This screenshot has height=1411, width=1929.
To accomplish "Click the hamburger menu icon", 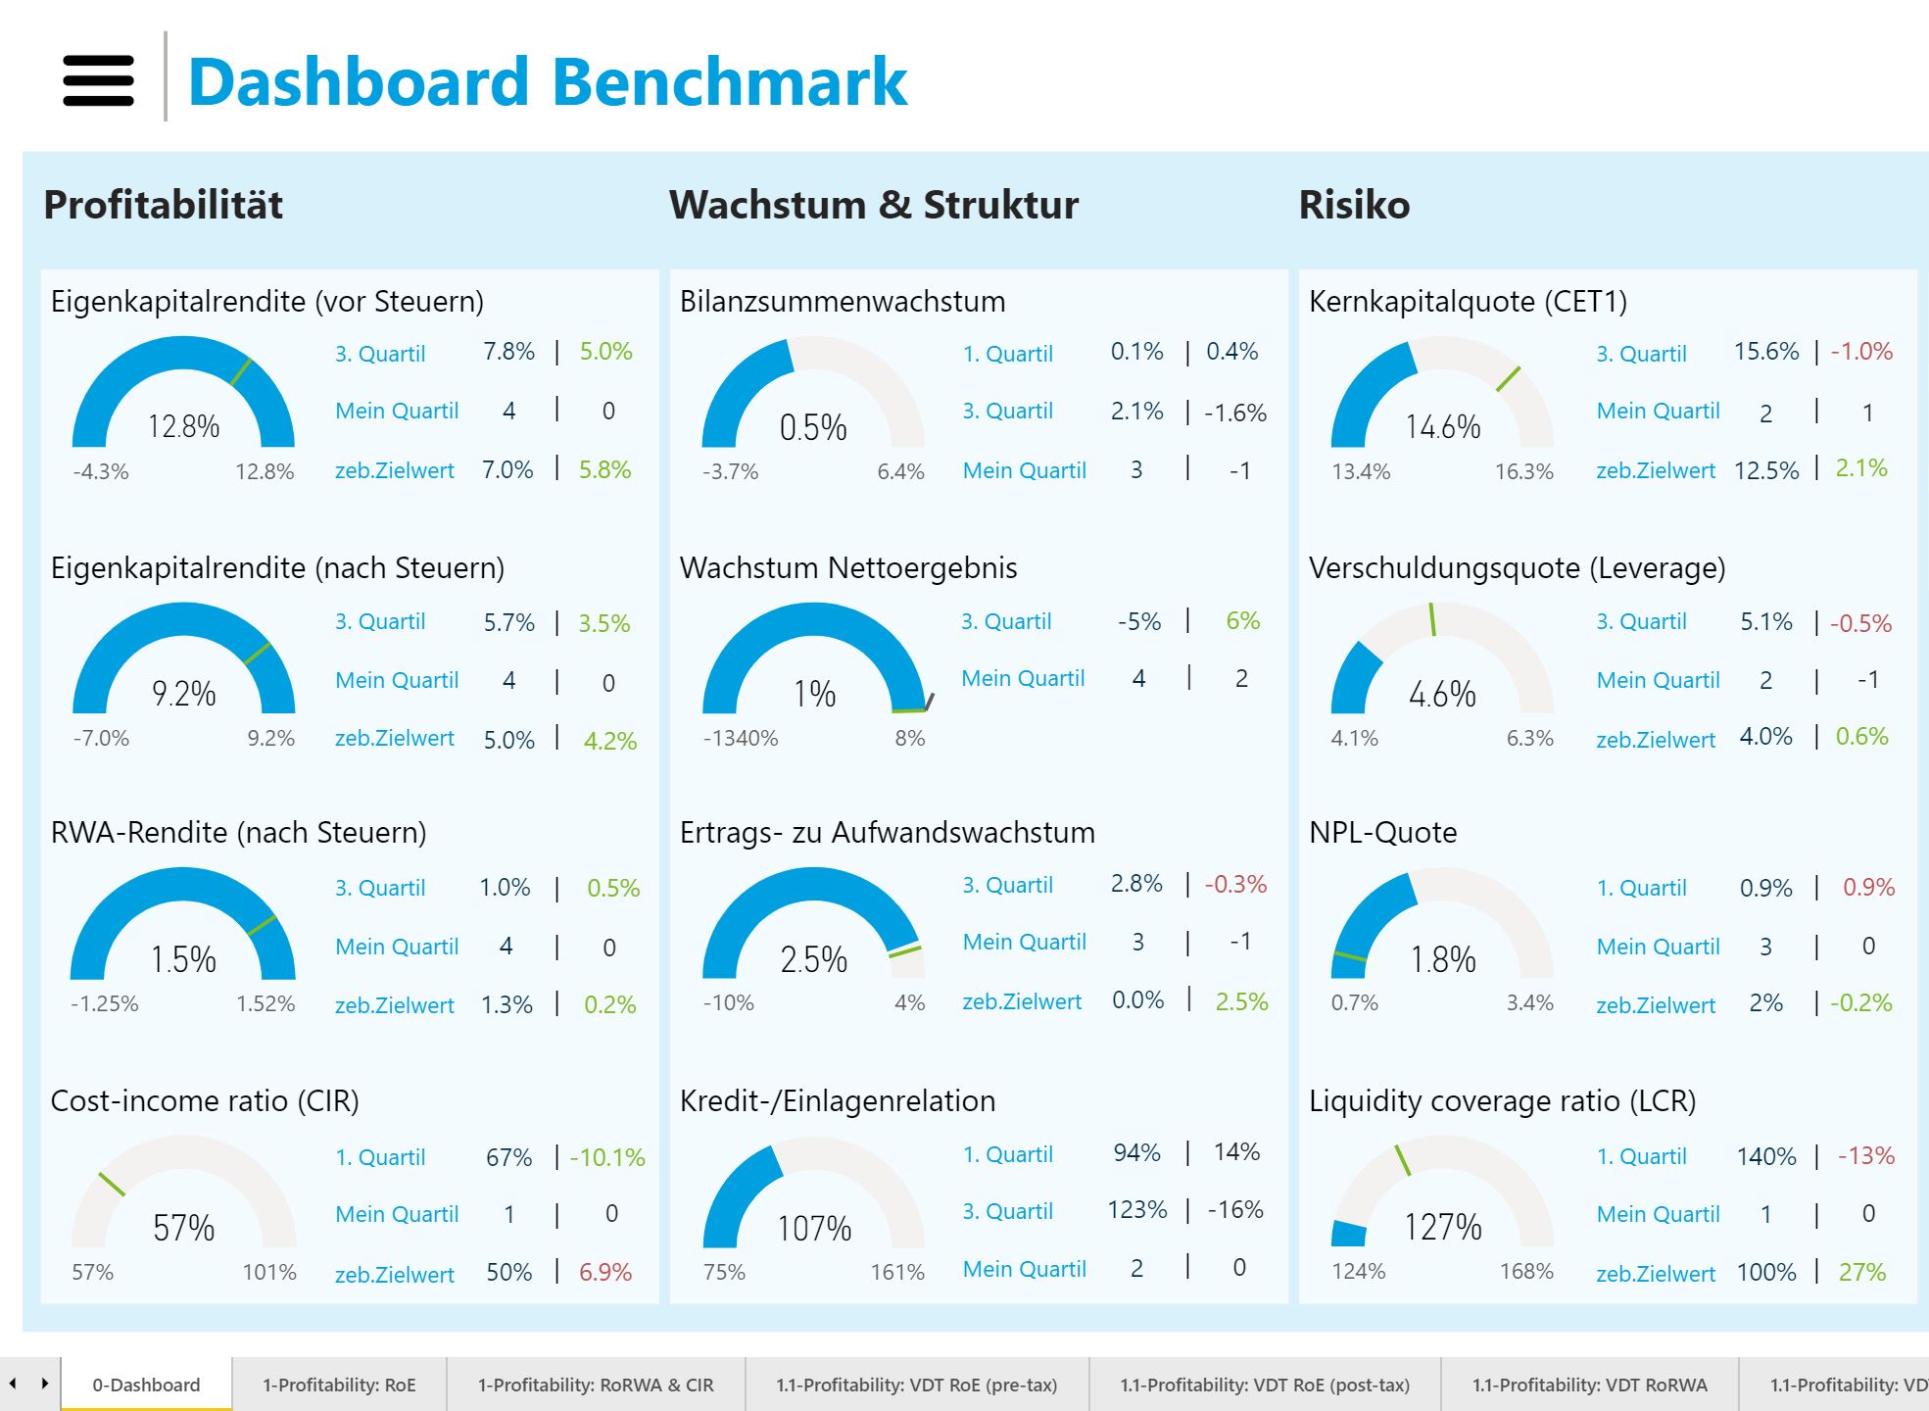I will pyautogui.click(x=98, y=80).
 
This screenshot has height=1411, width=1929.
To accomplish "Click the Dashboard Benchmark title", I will pyautogui.click(x=547, y=81).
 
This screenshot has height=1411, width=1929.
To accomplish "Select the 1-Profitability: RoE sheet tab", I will pyautogui.click(x=339, y=1385).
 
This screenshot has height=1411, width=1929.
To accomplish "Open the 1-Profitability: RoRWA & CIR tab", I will pyautogui.click(x=596, y=1385).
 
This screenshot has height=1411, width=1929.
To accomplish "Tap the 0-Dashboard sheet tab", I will pyautogui.click(x=146, y=1385).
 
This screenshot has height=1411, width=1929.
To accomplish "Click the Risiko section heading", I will pyautogui.click(x=1354, y=205).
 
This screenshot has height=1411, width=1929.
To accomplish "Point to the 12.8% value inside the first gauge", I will pyautogui.click(x=183, y=426).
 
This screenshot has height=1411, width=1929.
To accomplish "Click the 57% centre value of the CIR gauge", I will pyautogui.click(x=183, y=1227).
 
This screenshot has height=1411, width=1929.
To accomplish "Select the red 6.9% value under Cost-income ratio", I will pyautogui.click(x=604, y=1272).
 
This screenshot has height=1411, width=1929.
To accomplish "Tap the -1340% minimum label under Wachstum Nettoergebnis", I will pyautogui.click(x=740, y=738).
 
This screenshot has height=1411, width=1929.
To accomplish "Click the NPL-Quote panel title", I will pyautogui.click(x=1382, y=832).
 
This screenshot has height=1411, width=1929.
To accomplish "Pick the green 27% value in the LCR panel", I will pyautogui.click(x=1861, y=1272).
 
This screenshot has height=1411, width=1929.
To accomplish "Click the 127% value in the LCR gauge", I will pyautogui.click(x=1442, y=1226).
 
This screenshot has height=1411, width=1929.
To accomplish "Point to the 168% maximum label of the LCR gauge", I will pyautogui.click(x=1525, y=1271).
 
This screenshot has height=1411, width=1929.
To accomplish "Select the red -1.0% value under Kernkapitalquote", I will pyautogui.click(x=1861, y=351).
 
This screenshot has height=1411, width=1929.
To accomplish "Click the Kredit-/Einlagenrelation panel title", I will pyautogui.click(x=837, y=1100).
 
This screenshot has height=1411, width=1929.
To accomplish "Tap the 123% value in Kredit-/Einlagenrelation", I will pyautogui.click(x=1136, y=1210).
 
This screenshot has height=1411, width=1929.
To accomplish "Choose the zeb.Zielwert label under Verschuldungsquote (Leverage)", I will pyautogui.click(x=1655, y=740).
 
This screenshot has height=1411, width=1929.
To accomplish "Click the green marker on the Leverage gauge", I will pyautogui.click(x=1431, y=619).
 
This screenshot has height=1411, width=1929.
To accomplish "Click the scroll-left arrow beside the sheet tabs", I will pyautogui.click(x=13, y=1384).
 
